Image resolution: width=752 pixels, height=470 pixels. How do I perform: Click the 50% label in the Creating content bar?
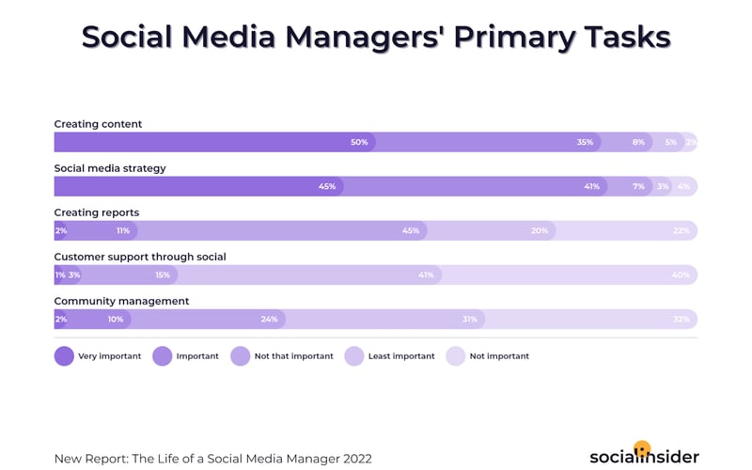(359, 142)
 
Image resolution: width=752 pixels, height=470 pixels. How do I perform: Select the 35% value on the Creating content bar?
(585, 142)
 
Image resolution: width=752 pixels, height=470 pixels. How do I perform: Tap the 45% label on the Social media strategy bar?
(327, 186)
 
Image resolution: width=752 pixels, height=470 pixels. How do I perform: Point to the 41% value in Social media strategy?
(591, 186)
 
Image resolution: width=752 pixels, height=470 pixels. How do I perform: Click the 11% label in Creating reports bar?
(123, 230)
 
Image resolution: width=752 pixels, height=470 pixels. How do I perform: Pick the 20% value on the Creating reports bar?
(540, 230)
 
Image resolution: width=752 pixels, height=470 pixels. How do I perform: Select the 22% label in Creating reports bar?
(681, 230)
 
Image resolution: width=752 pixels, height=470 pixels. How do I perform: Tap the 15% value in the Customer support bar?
(163, 275)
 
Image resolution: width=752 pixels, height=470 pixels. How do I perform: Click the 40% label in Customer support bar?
(681, 275)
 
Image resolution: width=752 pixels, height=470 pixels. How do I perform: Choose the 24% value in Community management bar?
(269, 320)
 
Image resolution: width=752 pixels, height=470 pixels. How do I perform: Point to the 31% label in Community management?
(470, 320)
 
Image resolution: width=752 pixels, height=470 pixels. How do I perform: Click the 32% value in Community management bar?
(681, 320)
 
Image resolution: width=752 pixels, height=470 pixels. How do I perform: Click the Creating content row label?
(98, 124)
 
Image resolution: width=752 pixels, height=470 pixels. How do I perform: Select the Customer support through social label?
(140, 257)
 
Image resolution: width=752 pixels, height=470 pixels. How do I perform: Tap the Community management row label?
(121, 301)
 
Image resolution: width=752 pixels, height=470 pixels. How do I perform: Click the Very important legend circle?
(64, 356)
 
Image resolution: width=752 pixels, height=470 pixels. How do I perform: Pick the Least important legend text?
(401, 356)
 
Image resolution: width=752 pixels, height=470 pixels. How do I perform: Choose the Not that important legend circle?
(240, 356)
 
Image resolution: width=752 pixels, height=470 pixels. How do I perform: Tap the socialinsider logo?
(644, 455)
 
